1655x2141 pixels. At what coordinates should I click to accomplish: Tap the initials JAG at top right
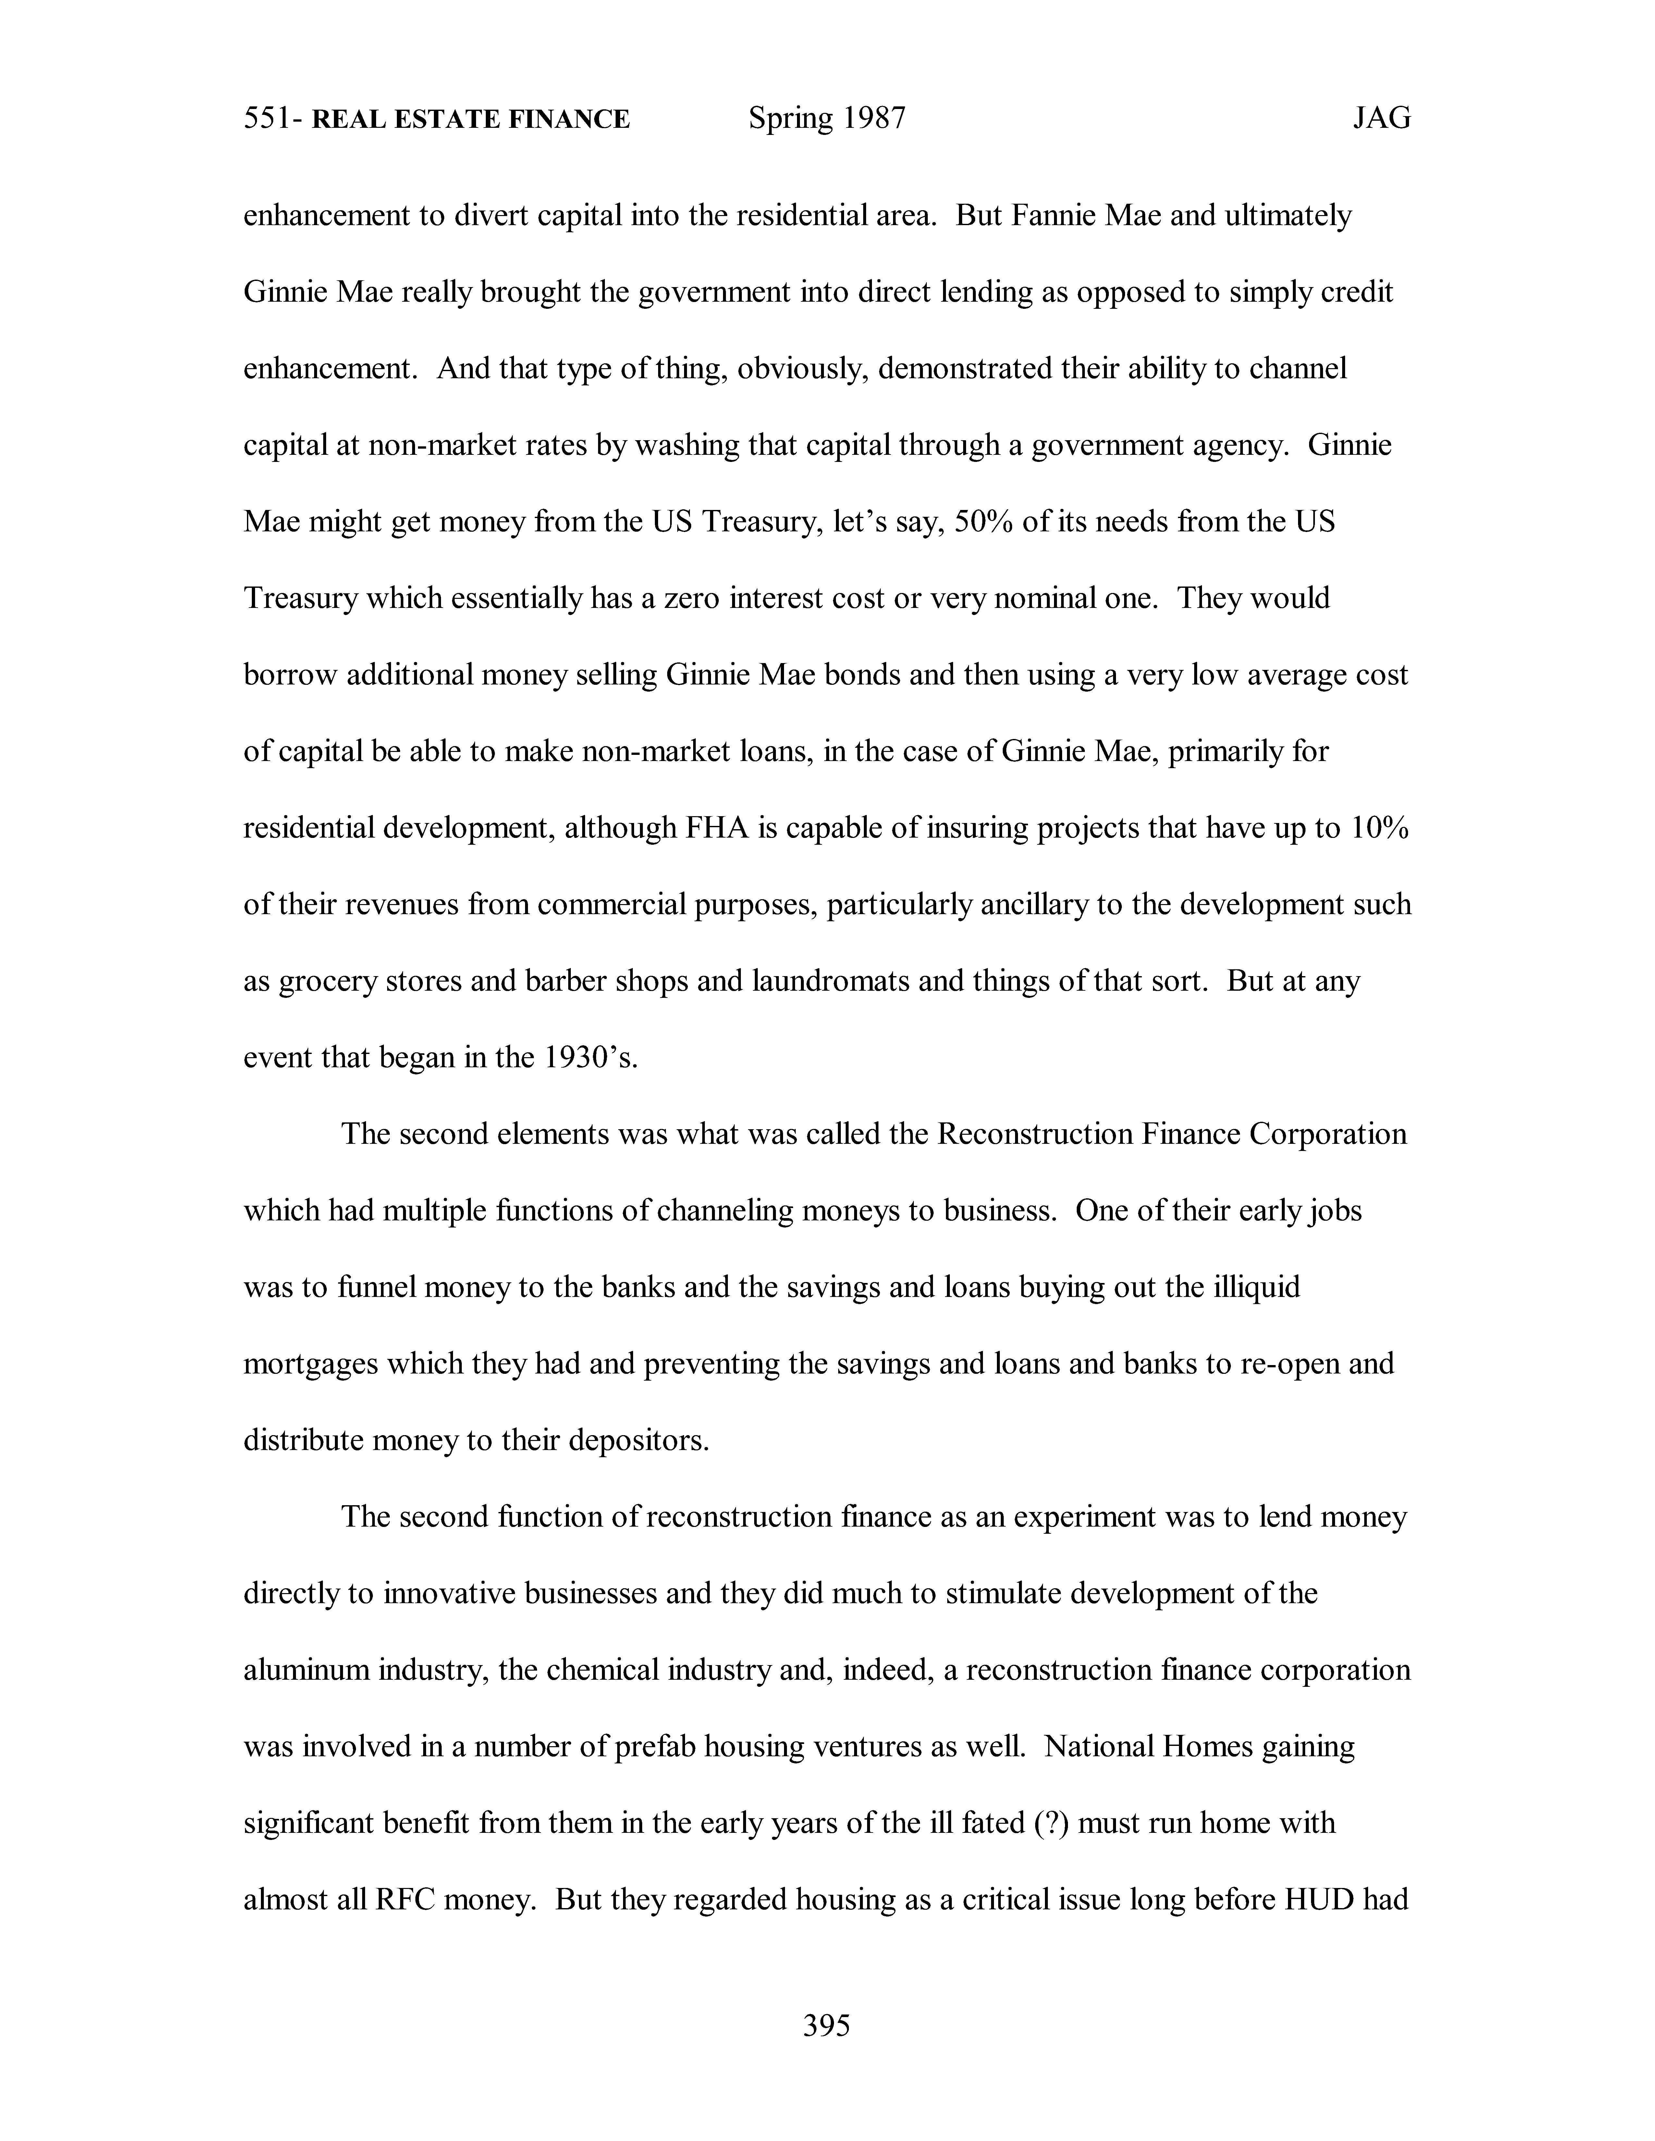tap(1381, 119)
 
